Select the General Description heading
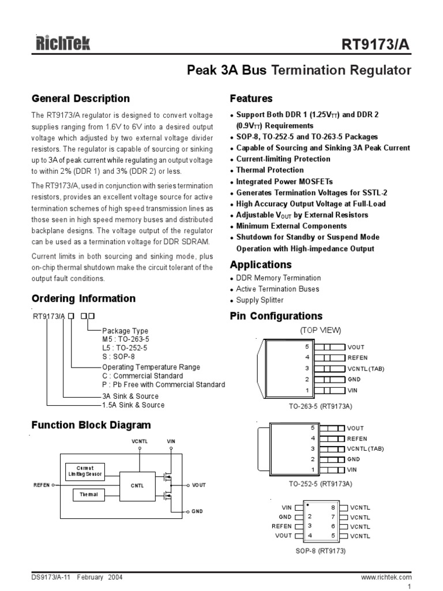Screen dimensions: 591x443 [80, 98]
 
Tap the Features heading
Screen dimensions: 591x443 [251, 98]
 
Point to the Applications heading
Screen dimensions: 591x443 [261, 265]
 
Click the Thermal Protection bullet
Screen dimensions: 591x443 [270, 170]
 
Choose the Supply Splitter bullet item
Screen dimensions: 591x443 [260, 300]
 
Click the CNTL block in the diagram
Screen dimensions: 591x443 [137, 485]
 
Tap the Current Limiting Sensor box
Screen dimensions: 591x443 [85, 471]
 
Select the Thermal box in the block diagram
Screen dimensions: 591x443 [88, 495]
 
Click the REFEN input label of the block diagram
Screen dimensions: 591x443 [42, 485]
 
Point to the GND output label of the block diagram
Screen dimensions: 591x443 [197, 511]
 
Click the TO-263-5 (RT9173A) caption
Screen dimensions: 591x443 [320, 406]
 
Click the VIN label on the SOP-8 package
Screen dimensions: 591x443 [287, 507]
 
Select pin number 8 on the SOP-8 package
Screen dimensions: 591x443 [333, 507]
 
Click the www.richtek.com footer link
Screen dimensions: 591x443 [386, 577]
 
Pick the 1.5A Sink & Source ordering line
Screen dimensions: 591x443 [133, 405]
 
